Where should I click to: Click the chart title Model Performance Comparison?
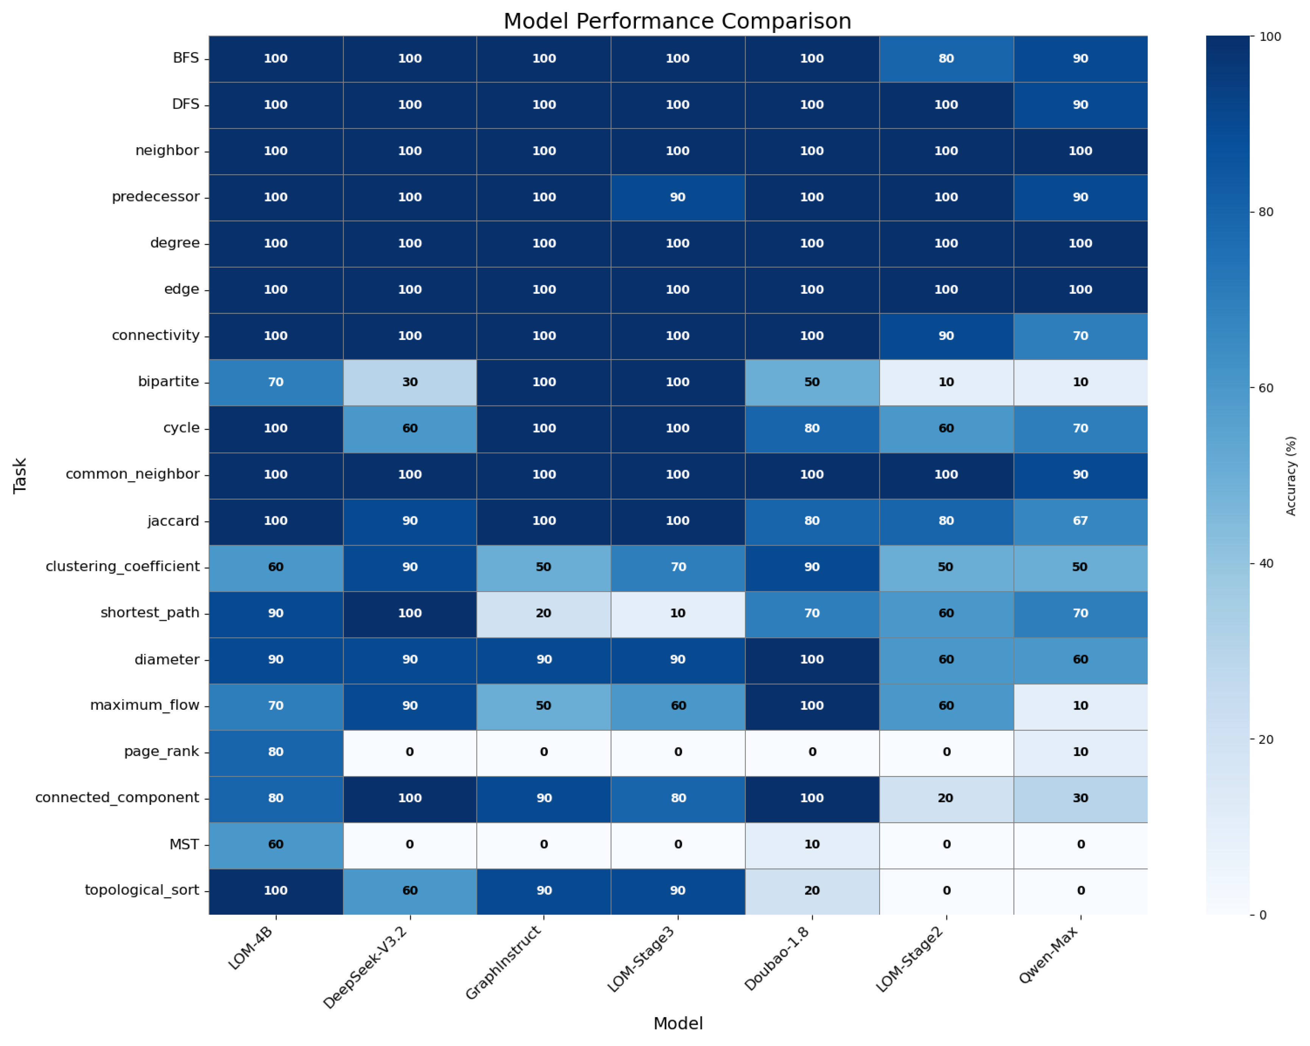click(678, 21)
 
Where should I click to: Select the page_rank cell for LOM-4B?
click(276, 752)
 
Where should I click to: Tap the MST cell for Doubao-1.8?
click(812, 844)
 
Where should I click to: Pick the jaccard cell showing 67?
click(1080, 521)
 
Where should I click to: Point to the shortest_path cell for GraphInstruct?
click(544, 613)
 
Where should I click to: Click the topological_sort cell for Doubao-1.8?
click(812, 890)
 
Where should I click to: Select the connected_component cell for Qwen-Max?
click(1080, 798)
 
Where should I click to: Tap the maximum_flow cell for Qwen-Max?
click(1080, 706)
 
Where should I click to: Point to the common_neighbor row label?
click(132, 474)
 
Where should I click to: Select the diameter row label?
click(167, 659)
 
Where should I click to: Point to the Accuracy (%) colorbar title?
click(1291, 476)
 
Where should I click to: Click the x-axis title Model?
click(678, 1024)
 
